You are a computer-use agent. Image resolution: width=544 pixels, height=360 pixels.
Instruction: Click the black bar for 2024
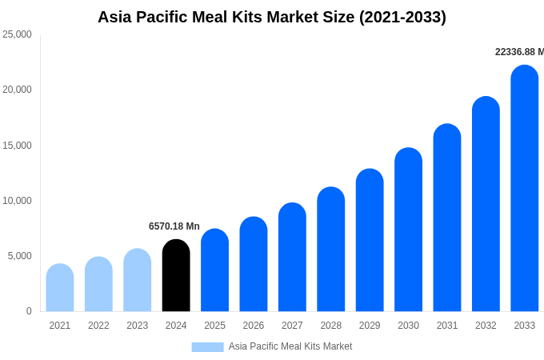coord(176,276)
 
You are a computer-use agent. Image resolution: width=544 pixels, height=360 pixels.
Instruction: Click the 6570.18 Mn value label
coord(174,226)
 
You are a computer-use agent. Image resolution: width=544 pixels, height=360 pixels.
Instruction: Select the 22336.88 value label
coord(518,52)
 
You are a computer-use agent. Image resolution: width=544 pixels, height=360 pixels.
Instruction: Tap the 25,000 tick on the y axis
coord(18,34)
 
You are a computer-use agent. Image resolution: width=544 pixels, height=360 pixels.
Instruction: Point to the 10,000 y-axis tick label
coord(18,200)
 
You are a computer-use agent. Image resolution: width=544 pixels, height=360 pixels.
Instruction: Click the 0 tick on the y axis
coord(29,311)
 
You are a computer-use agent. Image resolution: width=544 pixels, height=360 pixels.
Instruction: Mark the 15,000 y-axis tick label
coord(18,145)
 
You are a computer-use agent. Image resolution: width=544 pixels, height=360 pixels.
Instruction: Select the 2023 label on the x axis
coord(138,326)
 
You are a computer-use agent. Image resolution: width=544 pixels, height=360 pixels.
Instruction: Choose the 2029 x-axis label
coord(370,326)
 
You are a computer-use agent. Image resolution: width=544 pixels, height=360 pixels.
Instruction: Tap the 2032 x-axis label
coord(486,326)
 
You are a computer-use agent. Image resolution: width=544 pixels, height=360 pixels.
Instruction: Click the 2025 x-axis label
coord(214,326)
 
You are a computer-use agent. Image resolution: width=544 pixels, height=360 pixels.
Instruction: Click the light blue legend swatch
coord(207,346)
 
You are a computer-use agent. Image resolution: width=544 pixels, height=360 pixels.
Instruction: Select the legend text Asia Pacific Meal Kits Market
coord(290,346)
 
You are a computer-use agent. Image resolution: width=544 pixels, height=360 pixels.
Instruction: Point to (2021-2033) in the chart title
coord(402,17)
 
